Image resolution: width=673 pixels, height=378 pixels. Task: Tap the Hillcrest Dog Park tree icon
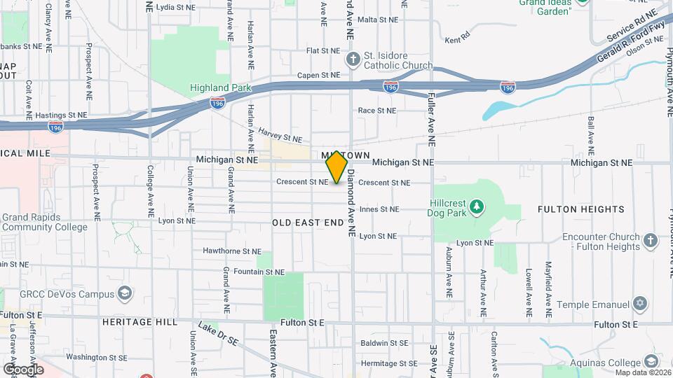477,206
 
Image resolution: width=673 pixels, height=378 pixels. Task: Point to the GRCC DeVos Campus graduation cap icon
125,292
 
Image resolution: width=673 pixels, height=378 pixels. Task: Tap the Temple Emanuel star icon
639,304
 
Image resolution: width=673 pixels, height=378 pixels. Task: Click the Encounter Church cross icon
651,241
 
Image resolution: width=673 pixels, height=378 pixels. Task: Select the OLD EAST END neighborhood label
308,222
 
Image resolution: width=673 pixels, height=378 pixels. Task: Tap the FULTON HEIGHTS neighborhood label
580,209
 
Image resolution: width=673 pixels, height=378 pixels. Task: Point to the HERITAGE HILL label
136,322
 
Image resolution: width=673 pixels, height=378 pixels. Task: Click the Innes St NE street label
379,209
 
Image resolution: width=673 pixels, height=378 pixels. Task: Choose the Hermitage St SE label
384,363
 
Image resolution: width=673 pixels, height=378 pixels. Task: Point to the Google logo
23,369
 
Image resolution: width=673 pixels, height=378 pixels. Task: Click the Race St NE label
377,111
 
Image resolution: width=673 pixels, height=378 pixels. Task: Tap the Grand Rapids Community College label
44,222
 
